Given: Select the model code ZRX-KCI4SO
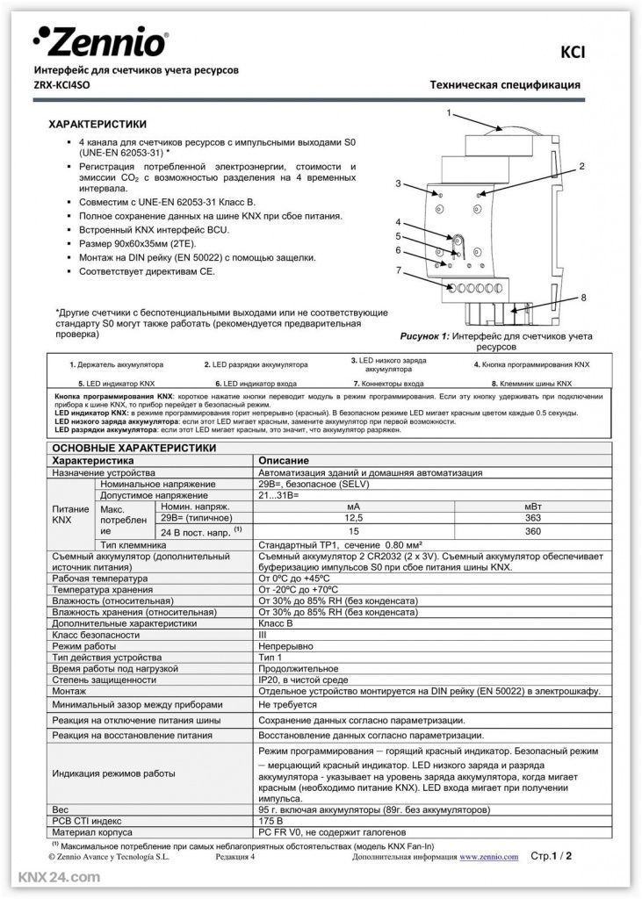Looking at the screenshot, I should click(61, 85).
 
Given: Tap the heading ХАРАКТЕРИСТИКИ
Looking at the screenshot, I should click(97, 125).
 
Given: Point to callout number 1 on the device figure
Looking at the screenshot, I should click(449, 113).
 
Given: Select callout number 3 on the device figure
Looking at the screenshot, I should click(398, 183).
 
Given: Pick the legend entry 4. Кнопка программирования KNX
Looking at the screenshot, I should click(532, 363).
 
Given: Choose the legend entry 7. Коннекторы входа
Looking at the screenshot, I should click(388, 384).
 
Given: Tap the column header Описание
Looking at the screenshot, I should click(283, 460).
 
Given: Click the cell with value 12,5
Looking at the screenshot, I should click(353, 519).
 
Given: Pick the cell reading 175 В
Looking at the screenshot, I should click(272, 820).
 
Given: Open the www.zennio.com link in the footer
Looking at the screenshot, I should click(489, 855).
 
